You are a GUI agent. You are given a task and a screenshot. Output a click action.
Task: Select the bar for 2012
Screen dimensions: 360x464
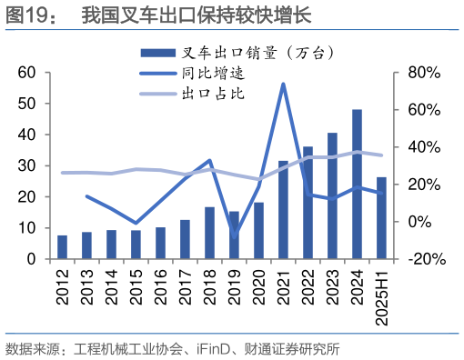62,247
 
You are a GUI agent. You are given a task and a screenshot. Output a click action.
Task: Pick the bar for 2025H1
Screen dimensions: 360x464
381,218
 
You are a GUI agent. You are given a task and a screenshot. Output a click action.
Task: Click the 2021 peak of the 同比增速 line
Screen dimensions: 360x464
283,85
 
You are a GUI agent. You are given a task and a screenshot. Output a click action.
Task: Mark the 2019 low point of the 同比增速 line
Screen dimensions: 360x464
234,237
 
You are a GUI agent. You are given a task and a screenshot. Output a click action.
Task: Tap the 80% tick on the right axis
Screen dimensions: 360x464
424,72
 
